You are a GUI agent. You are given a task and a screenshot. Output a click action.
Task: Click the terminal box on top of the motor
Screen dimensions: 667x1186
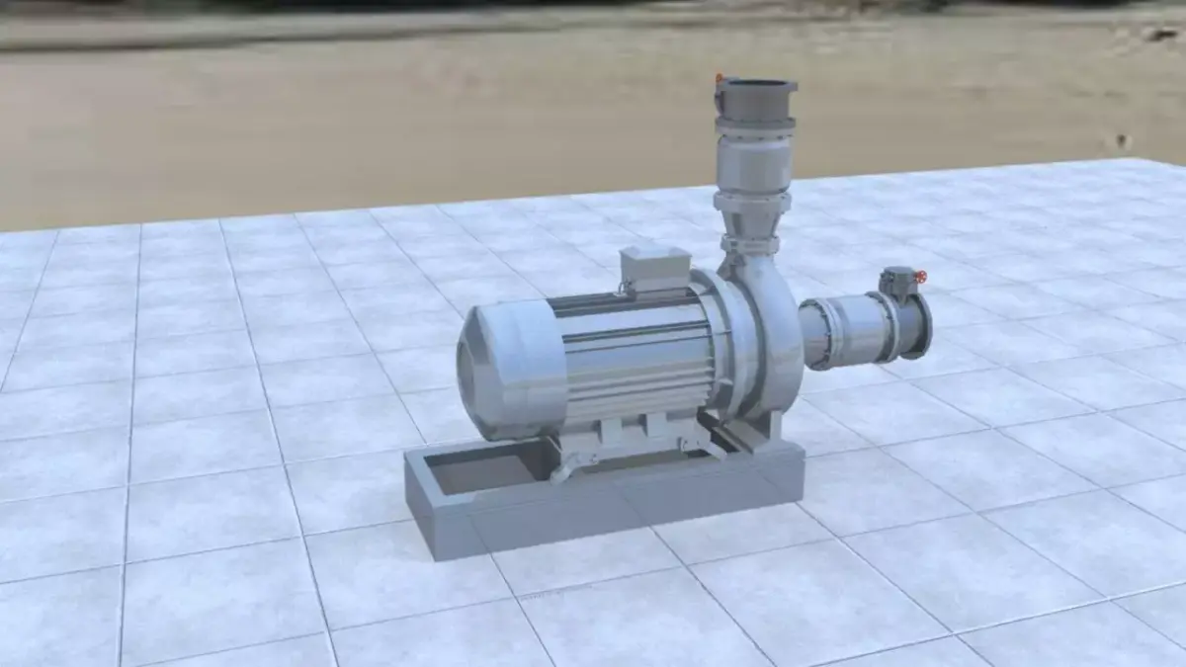[654, 267]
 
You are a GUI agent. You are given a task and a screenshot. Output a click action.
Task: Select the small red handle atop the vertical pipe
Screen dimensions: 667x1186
[720, 80]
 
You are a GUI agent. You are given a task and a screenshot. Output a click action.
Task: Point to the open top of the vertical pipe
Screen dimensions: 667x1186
[756, 86]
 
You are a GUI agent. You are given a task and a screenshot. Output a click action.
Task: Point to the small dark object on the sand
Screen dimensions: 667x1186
[1123, 141]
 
